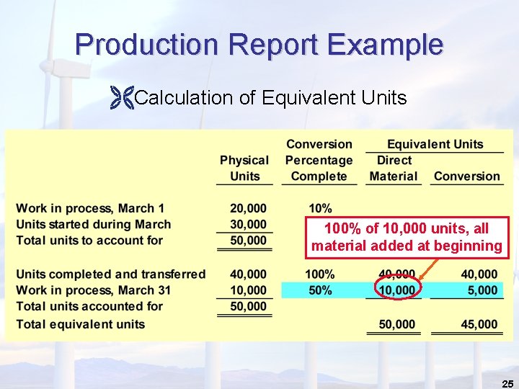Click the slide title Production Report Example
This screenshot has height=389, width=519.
tap(259, 45)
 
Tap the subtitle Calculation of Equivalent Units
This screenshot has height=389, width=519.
tap(270, 97)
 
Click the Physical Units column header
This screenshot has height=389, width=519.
tap(244, 168)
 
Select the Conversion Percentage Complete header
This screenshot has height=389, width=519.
tap(319, 160)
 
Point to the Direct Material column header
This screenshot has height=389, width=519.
tap(394, 168)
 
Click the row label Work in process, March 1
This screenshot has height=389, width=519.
tap(90, 209)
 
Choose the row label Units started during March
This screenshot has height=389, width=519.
tap(94, 225)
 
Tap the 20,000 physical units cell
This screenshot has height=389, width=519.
tap(248, 209)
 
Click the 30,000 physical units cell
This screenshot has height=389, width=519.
tap(248, 225)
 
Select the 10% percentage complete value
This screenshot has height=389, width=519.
tap(319, 209)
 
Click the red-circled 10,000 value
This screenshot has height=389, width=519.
tap(398, 290)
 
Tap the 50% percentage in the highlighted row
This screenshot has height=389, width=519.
tap(319, 290)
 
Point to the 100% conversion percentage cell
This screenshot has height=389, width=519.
tap(319, 274)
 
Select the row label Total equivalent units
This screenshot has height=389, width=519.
tap(81, 324)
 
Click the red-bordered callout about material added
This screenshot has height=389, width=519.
tap(407, 237)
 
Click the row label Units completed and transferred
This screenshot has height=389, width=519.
tap(110, 274)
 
